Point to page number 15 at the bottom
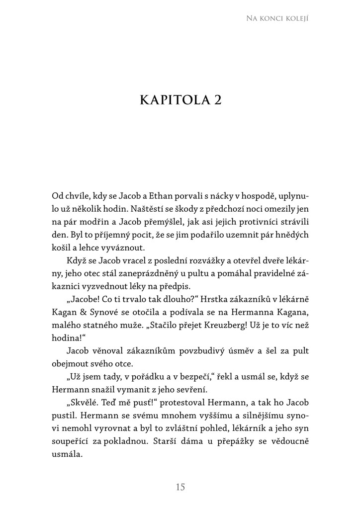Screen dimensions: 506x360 click(x=180, y=487)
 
